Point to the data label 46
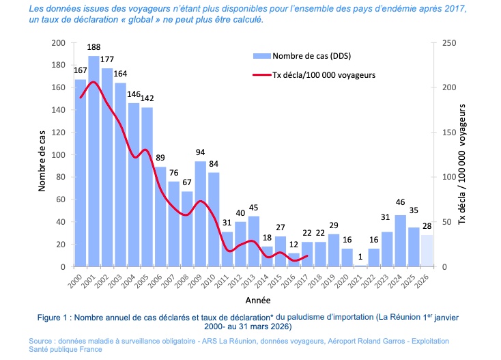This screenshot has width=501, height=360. (x=400, y=202)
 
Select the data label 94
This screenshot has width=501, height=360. (x=200, y=153)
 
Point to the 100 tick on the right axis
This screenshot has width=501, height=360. (x=445, y=177)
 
